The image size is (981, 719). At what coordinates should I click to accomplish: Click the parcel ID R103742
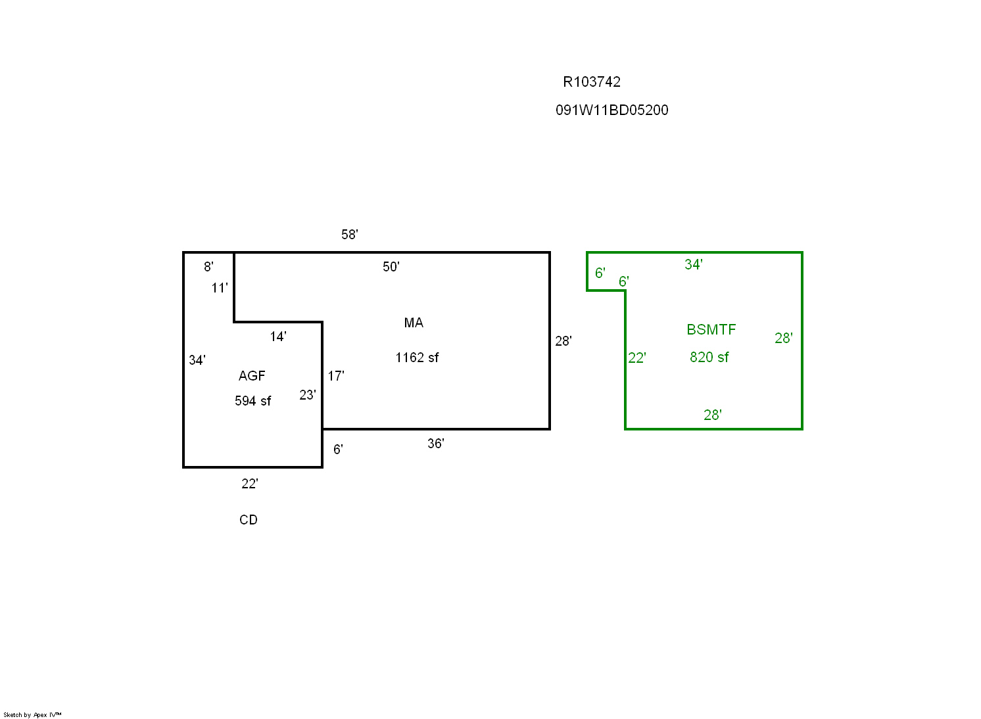592,82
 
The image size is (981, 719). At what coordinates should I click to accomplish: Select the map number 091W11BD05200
612,110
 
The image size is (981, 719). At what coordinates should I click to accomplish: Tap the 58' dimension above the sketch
350,234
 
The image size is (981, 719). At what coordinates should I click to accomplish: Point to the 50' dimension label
391,267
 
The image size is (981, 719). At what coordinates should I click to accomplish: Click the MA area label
414,323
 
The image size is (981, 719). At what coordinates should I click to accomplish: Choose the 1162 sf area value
417,358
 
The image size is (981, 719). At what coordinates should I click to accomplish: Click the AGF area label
252,376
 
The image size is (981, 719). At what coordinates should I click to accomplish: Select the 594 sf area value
252,401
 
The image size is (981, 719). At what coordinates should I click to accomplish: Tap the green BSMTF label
711,329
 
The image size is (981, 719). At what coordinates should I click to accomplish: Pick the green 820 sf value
709,357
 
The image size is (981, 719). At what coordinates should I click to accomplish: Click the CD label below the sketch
249,520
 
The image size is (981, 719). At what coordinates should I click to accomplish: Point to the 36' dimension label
436,444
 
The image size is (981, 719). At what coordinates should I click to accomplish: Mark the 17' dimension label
336,376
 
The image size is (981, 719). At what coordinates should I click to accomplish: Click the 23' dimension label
308,395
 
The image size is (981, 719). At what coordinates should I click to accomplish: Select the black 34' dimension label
197,360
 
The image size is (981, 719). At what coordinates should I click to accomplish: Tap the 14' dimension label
278,336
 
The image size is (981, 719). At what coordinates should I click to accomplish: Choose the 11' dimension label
220,288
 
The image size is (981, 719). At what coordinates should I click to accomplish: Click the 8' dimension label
208,267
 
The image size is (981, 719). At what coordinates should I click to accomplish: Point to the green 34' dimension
694,264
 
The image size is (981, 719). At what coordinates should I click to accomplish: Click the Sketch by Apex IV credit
32,715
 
